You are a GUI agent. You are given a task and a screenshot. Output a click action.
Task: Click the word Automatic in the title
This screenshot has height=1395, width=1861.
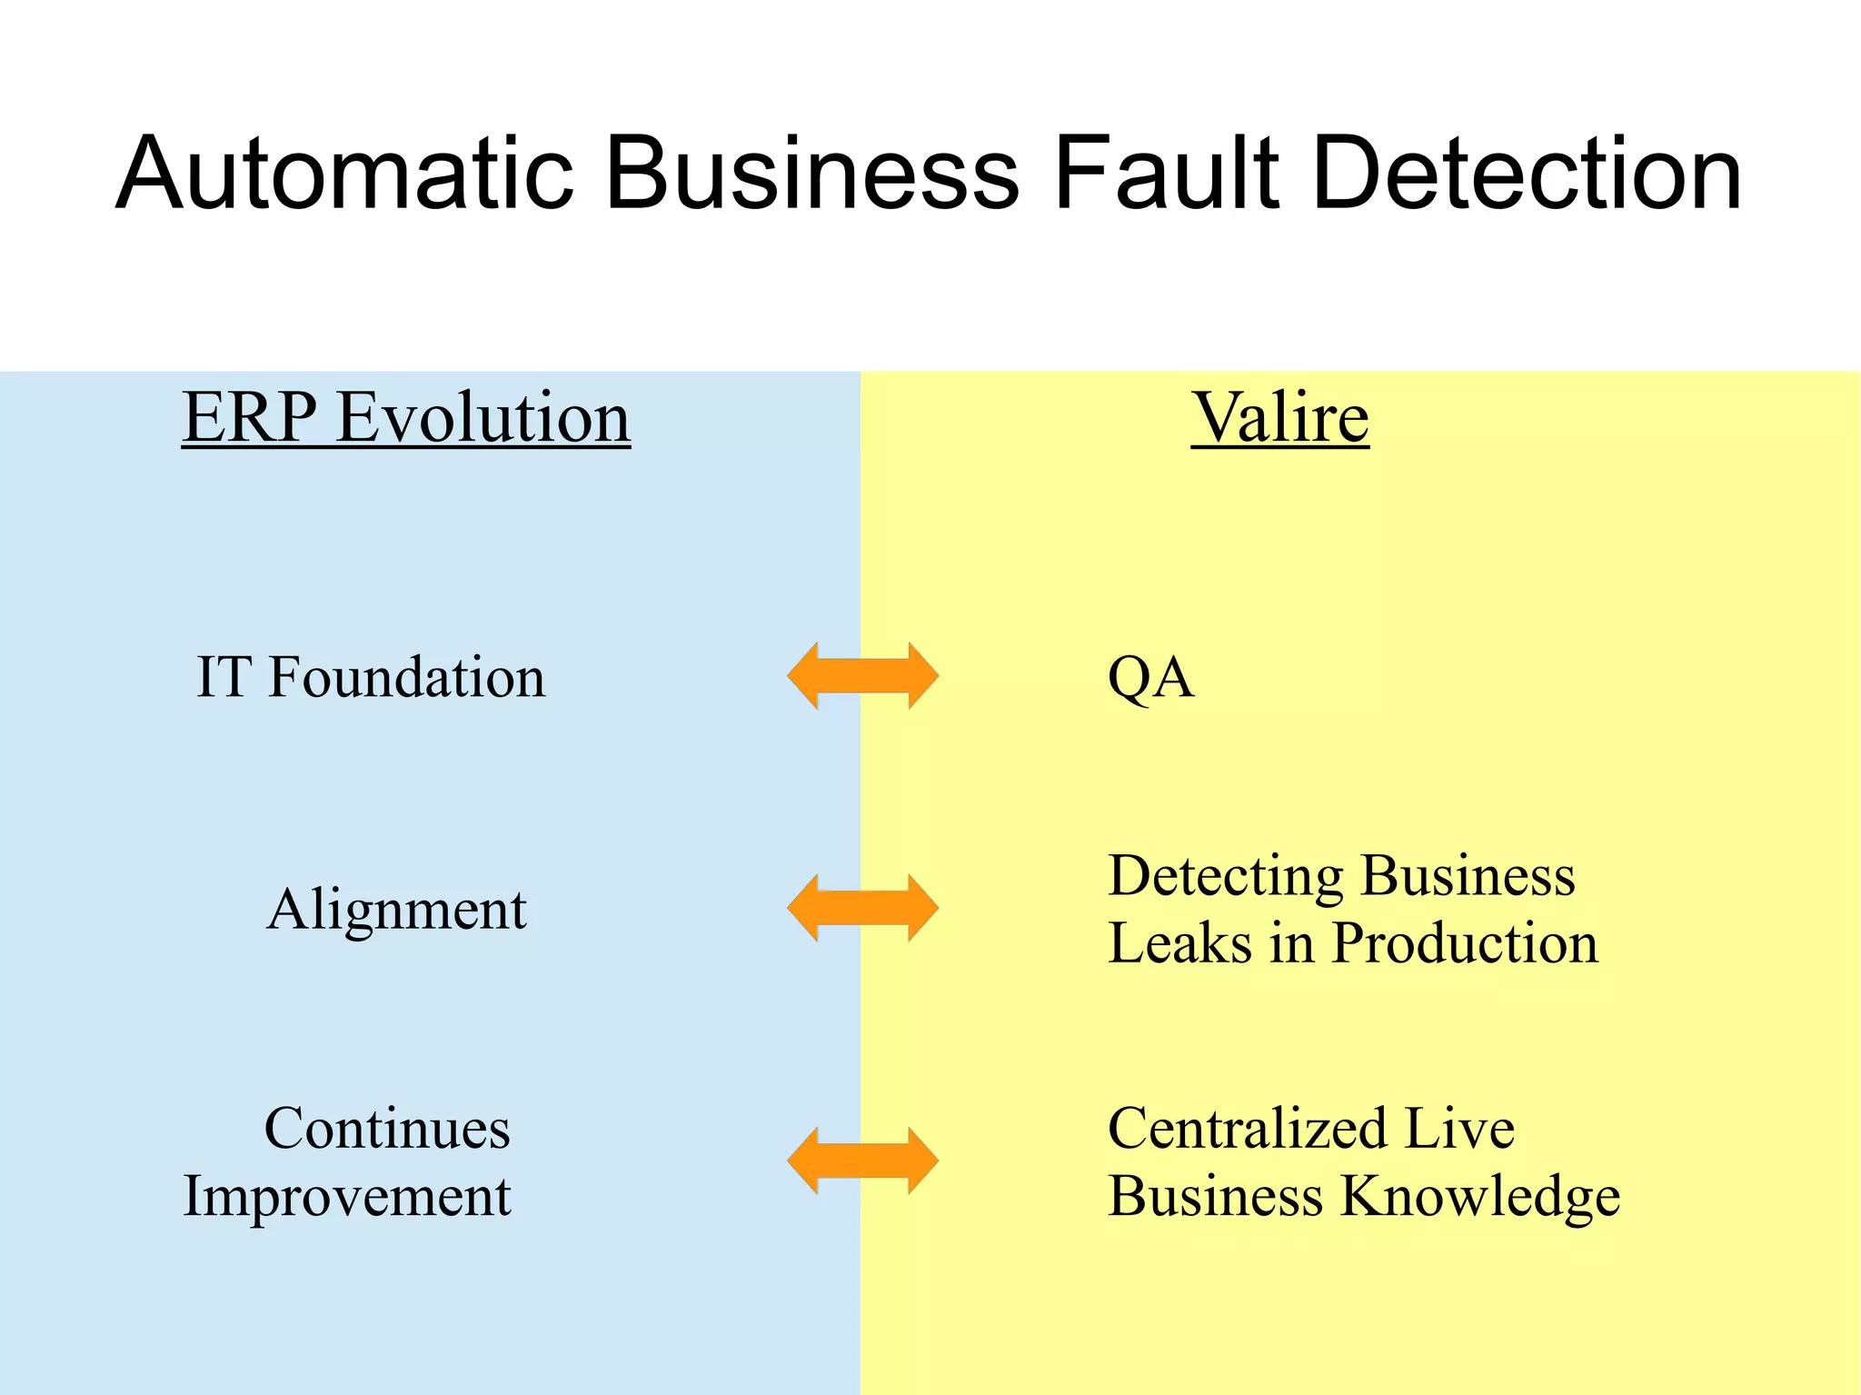click(345, 173)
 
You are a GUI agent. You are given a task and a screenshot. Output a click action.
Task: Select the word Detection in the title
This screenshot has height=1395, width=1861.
click(1527, 173)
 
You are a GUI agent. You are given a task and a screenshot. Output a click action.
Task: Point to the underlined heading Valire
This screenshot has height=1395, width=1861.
click(1279, 418)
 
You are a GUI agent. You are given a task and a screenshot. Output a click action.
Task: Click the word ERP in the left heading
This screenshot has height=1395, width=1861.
click(250, 418)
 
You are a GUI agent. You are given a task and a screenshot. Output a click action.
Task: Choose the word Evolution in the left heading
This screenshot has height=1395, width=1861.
click(483, 418)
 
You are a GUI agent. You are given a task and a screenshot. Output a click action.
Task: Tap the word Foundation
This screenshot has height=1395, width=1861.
click(406, 677)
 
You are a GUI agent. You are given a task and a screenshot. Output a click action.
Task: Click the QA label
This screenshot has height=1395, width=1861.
click(1150, 678)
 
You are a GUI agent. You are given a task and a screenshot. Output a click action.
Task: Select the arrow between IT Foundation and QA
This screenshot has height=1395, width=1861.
click(862, 675)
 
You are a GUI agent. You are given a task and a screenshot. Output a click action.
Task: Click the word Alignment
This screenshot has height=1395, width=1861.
click(396, 910)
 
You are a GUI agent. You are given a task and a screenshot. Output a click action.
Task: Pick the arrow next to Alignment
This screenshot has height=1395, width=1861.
click(862, 908)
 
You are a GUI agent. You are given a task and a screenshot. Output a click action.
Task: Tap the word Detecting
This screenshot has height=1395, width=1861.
click(1225, 877)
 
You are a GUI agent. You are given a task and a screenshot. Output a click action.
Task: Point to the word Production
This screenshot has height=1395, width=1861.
click(1464, 943)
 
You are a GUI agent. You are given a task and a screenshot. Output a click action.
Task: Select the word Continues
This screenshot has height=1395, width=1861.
click(387, 1129)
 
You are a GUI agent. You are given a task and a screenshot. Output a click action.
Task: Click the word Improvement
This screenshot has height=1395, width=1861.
click(347, 1197)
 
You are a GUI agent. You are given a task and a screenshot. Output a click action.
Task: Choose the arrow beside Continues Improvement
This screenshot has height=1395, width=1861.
click(862, 1161)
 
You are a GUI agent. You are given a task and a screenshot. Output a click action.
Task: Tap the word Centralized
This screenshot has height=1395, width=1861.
click(1247, 1129)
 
